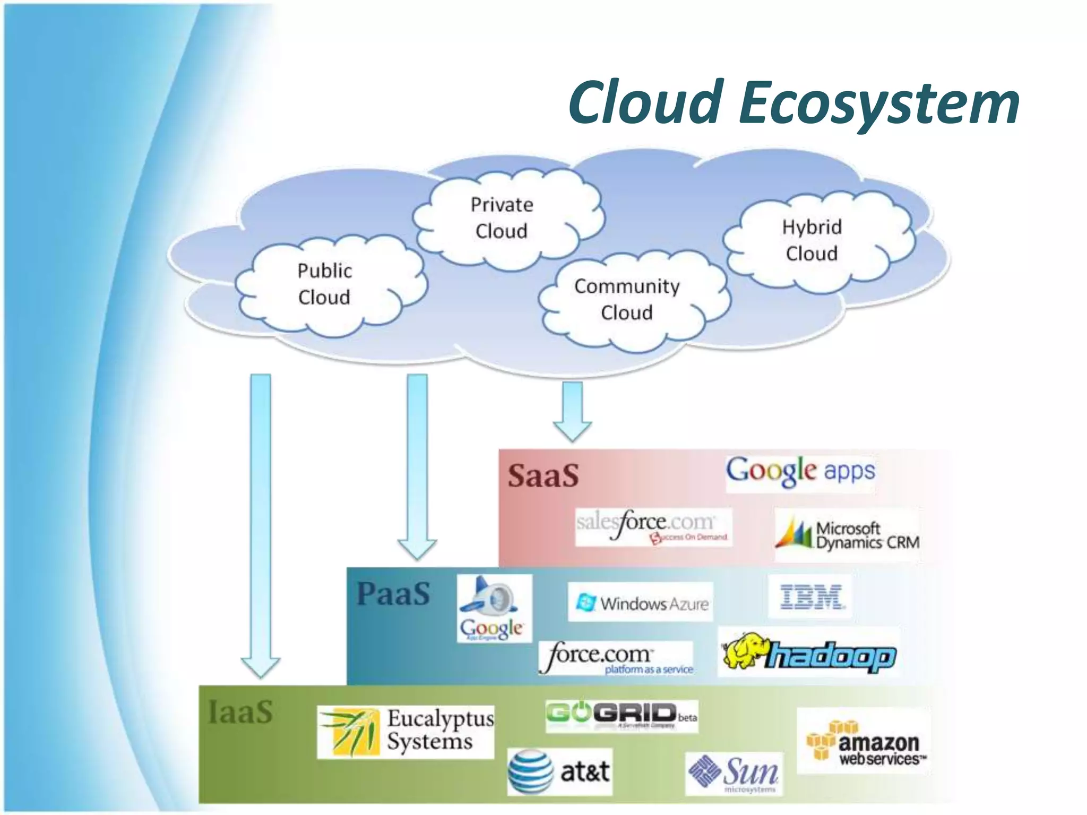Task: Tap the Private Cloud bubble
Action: (502, 218)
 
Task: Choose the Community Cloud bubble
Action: (627, 300)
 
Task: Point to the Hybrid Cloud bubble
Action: (812, 240)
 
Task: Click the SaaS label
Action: (543, 475)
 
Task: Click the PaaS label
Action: (393, 594)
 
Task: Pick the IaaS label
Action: (240, 712)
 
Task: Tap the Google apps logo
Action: (800, 471)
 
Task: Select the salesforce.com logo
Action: (653, 526)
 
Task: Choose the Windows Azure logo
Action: (641, 603)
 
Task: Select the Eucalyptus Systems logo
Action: (406, 731)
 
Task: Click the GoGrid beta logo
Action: (621, 715)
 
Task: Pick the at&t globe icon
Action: (530, 771)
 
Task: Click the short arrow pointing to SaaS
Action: (572, 411)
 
